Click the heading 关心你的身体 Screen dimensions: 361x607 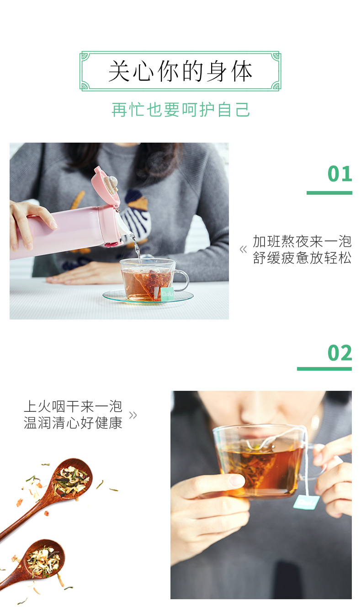click(x=180, y=71)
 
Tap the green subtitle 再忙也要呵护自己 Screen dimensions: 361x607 click(x=180, y=110)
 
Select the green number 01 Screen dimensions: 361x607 click(x=340, y=174)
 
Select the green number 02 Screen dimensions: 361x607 click(x=340, y=353)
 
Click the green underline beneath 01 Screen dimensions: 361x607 click(x=329, y=193)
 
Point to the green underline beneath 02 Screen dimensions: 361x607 click(x=324, y=369)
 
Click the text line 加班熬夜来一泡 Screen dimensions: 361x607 click(x=302, y=241)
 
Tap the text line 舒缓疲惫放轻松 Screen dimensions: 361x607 click(x=302, y=257)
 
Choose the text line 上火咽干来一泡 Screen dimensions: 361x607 click(x=73, y=406)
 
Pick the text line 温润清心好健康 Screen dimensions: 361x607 click(x=73, y=423)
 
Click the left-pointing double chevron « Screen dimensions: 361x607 click(x=243, y=249)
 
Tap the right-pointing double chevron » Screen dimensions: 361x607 click(x=133, y=415)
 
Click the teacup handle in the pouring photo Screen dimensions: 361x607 click(x=182, y=281)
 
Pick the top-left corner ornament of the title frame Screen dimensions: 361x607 click(x=85, y=56)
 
